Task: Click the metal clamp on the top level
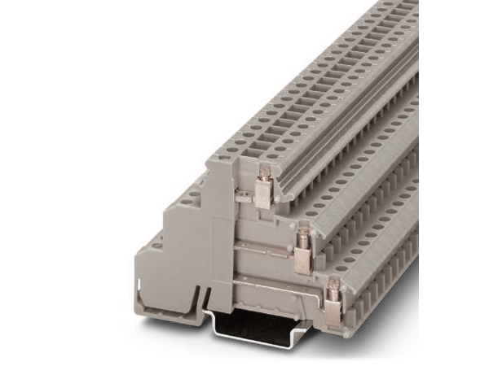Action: click(262, 192)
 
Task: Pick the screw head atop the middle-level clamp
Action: click(302, 235)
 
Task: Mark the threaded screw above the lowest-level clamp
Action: click(333, 285)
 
